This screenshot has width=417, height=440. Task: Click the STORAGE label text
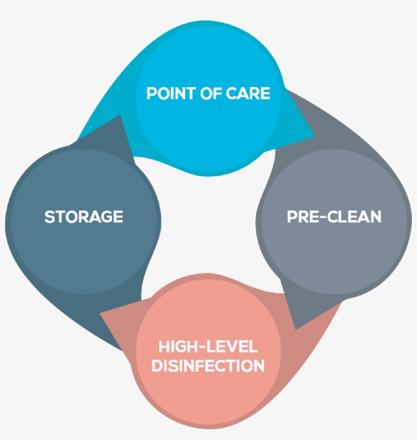coord(84,217)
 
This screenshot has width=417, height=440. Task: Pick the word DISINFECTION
coord(208,365)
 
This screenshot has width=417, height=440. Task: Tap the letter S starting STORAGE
coord(49,217)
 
